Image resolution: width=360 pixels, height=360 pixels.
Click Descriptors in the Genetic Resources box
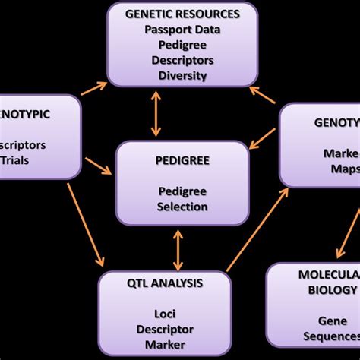coord(182,59)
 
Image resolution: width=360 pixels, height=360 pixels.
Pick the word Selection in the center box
coord(182,206)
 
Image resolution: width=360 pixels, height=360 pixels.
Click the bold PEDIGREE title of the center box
coord(182,162)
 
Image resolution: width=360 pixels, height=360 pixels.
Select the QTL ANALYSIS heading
coord(166,283)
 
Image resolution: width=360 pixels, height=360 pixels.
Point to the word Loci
coord(166,313)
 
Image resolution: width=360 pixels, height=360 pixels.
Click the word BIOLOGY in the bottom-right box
coord(332,290)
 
